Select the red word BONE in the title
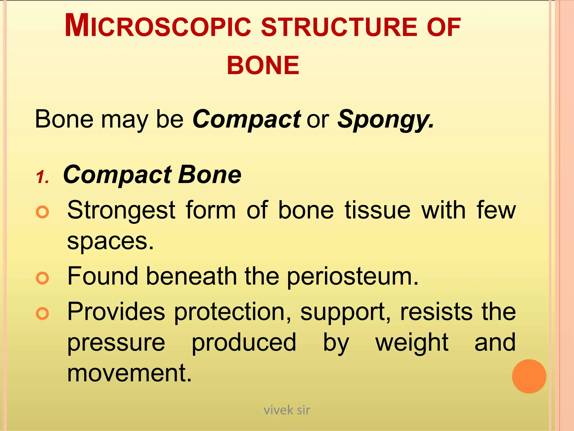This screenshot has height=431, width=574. point(263,65)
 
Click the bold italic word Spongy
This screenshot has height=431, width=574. point(385,120)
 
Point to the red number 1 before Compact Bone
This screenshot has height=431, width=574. point(42,177)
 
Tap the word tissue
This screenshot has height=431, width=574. point(378,210)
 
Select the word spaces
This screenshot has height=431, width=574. point(110,241)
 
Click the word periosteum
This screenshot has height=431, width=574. point(353,277)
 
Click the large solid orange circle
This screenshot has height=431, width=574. point(529,376)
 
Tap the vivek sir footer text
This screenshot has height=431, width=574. point(287,410)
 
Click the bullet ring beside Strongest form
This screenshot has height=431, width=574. point(43,212)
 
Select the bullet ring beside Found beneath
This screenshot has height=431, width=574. point(43,278)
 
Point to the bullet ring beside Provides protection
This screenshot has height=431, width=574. point(43,313)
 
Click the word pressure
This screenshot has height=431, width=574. point(116,343)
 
